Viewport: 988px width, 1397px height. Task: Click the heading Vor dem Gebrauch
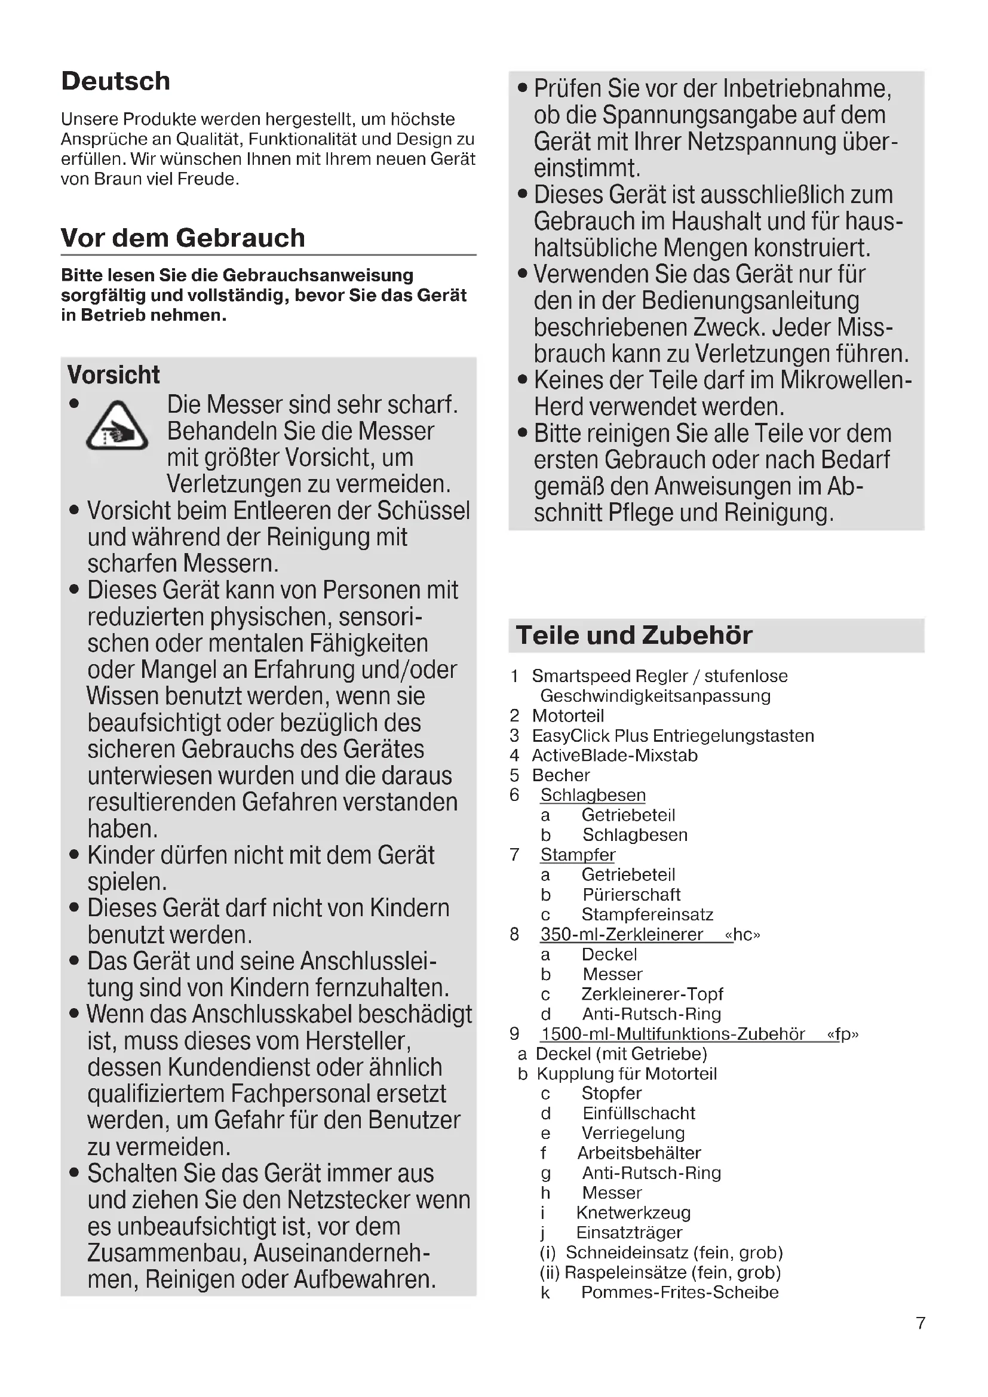coord(183,238)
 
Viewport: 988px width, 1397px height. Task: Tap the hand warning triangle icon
coord(117,426)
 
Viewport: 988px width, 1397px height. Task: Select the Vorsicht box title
coord(113,375)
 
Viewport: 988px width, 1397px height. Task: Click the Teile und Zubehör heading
coord(634,635)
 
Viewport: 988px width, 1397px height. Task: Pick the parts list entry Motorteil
coord(567,716)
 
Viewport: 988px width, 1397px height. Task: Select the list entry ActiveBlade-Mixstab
coord(615,755)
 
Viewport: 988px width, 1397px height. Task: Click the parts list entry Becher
coord(561,775)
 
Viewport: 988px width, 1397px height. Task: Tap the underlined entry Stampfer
coord(578,855)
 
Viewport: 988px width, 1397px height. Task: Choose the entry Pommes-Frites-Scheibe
coord(680,1292)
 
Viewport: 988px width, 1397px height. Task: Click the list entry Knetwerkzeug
coord(633,1212)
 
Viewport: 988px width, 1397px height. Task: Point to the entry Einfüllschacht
coord(638,1113)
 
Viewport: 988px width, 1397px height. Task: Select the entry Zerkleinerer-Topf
coord(652,994)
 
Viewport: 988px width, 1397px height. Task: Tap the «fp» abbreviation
coord(843,1034)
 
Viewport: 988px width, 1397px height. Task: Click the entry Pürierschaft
coord(631,895)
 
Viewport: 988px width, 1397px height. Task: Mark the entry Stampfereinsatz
coord(648,914)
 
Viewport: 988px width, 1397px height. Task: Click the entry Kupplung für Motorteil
coord(626,1073)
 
